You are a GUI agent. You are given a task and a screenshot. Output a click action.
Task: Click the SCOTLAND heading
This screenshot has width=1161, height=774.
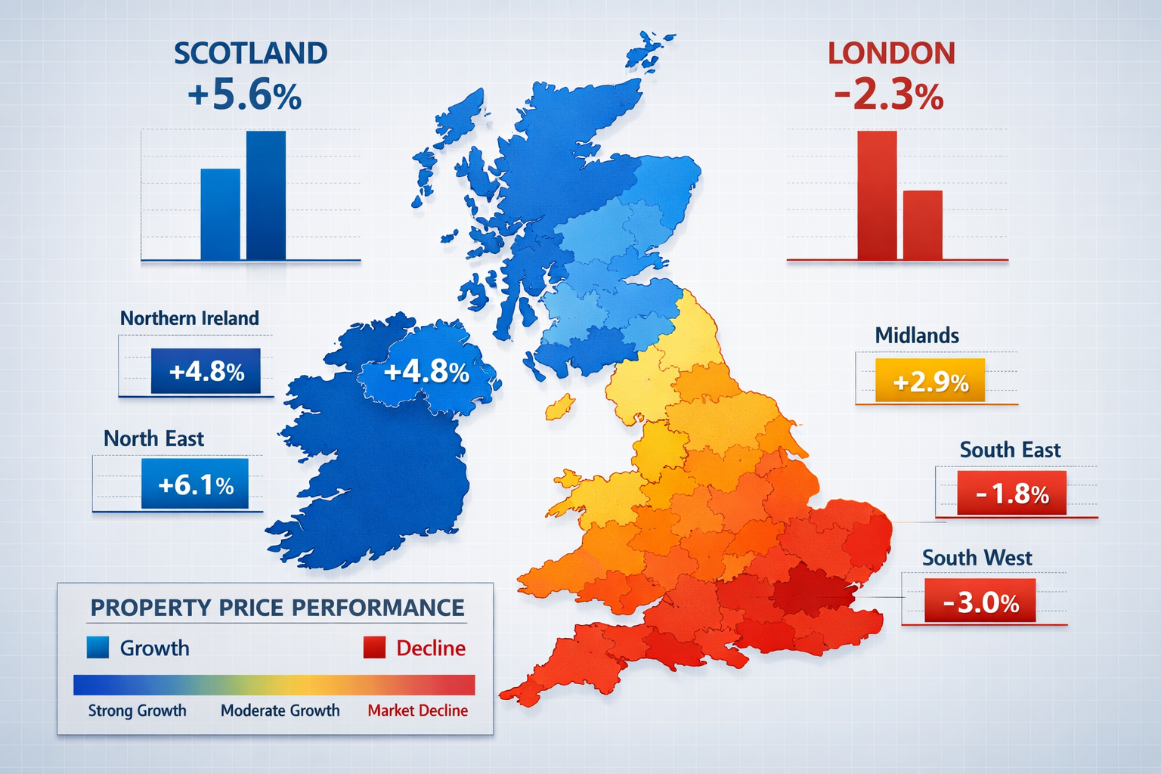pyautogui.click(x=250, y=54)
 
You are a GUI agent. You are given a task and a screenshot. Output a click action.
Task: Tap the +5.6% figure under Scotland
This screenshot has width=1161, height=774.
pyautogui.click(x=244, y=96)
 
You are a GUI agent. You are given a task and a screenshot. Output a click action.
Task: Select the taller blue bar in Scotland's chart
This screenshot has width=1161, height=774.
pyautogui.click(x=266, y=195)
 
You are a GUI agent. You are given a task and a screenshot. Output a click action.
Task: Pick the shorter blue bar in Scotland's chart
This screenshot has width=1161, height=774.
pyautogui.click(x=220, y=214)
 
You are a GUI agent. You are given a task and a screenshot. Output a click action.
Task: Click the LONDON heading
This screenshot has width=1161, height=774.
pyautogui.click(x=891, y=54)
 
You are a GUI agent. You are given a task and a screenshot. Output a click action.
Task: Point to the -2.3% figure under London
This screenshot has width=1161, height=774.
pyautogui.click(x=889, y=96)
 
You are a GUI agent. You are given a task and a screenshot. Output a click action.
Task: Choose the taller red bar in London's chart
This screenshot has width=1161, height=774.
pyautogui.click(x=877, y=195)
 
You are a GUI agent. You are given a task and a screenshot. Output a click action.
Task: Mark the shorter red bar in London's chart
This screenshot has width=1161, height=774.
pyautogui.click(x=923, y=224)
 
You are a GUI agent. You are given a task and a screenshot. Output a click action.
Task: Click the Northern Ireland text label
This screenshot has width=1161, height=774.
pyautogui.click(x=189, y=318)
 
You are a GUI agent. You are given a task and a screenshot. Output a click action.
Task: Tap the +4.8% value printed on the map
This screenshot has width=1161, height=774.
pyautogui.click(x=426, y=372)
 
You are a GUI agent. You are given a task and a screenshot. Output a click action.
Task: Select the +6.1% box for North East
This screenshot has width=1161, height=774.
pyautogui.click(x=195, y=484)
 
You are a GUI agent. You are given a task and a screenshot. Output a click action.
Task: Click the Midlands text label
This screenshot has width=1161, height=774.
pyautogui.click(x=917, y=336)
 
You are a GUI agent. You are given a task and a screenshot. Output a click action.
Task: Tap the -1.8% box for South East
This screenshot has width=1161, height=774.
pyautogui.click(x=1011, y=493)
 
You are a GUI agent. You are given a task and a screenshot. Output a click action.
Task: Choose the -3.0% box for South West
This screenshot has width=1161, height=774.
pyautogui.click(x=980, y=602)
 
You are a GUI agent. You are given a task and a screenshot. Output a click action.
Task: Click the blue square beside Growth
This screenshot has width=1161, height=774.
pyautogui.click(x=98, y=648)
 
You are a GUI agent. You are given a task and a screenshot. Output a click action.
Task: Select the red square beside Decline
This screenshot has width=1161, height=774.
pyautogui.click(x=374, y=648)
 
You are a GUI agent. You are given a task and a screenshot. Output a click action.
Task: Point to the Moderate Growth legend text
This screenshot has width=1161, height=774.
pyautogui.click(x=280, y=711)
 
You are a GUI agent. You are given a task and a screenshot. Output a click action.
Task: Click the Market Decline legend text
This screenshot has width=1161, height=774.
pyautogui.click(x=417, y=711)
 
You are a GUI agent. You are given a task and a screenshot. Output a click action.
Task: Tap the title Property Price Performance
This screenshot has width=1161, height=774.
pyautogui.click(x=277, y=608)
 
